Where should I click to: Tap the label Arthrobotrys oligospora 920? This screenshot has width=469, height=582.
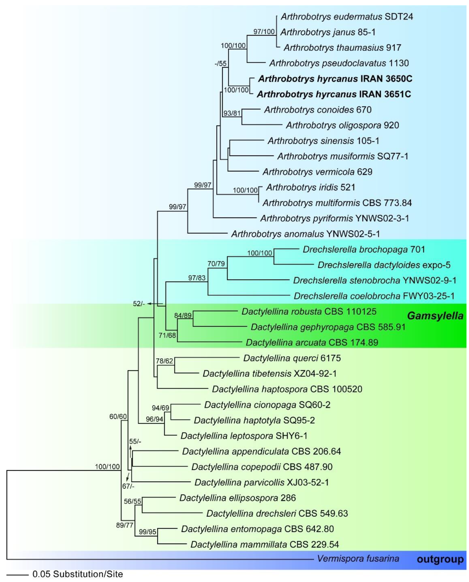coord(342,125)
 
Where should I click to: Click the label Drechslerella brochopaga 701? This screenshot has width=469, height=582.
coord(364,249)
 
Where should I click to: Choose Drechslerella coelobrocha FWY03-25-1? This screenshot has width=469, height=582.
coord(374,296)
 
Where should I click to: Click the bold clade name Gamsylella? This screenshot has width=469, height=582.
coord(435,316)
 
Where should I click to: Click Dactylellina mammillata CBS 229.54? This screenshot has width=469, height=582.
coord(265,544)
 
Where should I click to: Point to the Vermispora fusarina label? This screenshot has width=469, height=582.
coord(358,558)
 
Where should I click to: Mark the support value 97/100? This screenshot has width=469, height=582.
coord(264,32)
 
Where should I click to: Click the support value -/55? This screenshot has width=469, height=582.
coord(220,64)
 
